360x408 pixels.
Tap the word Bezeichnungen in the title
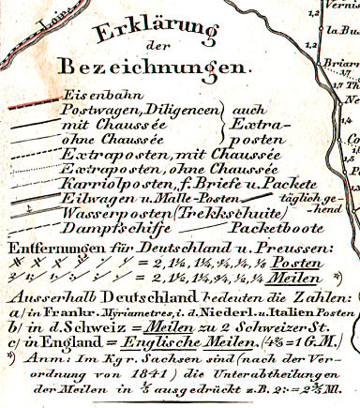click(x=155, y=68)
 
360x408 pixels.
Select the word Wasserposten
click(x=106, y=213)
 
